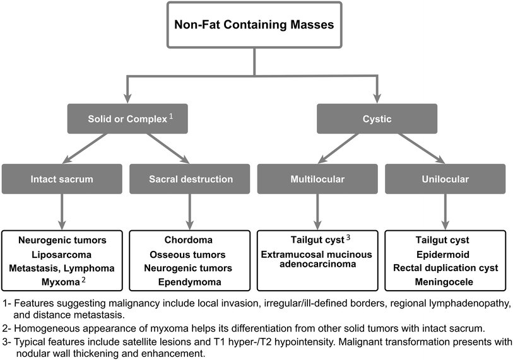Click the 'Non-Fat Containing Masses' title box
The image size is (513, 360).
click(x=254, y=26)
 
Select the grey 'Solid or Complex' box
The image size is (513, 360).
click(x=129, y=119)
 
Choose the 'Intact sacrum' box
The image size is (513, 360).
click(x=62, y=179)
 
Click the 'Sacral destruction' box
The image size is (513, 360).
click(x=191, y=179)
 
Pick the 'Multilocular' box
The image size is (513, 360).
click(x=317, y=179)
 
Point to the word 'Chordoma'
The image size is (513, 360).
click(x=191, y=240)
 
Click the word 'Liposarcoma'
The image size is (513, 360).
click(x=62, y=254)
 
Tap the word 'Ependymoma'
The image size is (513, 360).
click(x=191, y=282)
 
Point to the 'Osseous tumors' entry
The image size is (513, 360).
click(x=191, y=254)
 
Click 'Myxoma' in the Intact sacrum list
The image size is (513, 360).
click(x=59, y=282)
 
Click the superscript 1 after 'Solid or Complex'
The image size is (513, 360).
click(x=171, y=115)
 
